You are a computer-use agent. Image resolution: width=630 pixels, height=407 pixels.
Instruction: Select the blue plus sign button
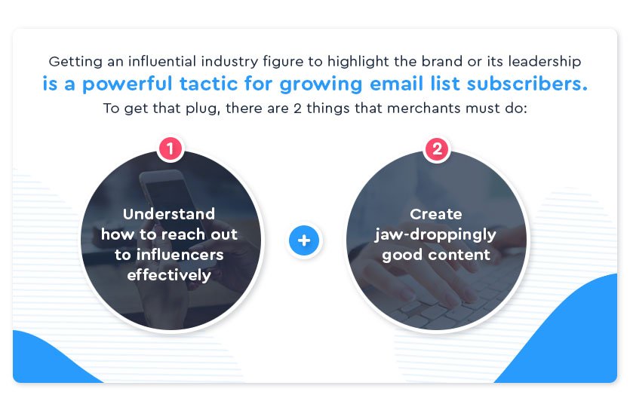304,241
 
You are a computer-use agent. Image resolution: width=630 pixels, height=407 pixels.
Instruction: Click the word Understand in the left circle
169,214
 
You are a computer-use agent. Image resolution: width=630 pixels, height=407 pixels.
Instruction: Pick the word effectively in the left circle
169,274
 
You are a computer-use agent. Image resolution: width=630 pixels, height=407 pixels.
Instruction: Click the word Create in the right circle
435,214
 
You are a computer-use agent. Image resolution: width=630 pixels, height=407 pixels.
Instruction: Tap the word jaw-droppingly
435,234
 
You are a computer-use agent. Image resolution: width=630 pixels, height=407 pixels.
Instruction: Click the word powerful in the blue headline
125,84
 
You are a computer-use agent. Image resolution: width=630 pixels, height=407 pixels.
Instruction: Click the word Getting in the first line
72,60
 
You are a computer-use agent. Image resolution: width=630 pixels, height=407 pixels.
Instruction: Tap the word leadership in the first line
545,60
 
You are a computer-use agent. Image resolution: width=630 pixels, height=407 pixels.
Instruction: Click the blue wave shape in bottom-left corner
45,362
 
